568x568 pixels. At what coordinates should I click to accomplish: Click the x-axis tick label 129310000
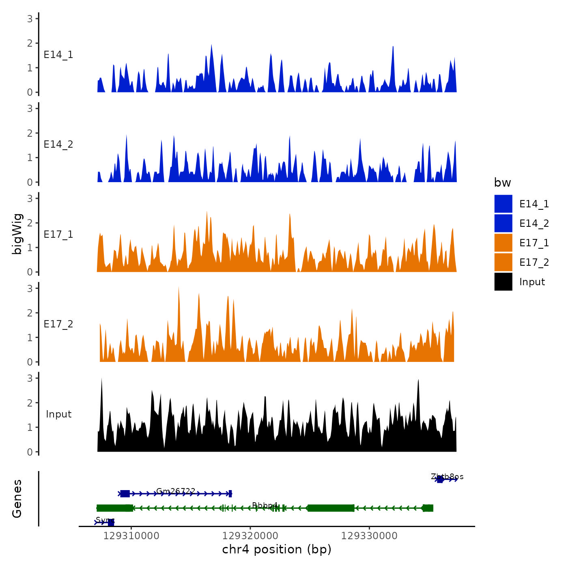(x=131, y=536)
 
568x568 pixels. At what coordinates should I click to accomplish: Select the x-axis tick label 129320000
(x=250, y=536)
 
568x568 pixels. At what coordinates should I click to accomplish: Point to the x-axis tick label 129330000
(x=369, y=536)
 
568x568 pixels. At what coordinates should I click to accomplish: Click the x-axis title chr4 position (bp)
(x=277, y=550)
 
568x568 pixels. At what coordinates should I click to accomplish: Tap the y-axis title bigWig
(x=17, y=234)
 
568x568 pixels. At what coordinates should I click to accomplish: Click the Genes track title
(x=17, y=499)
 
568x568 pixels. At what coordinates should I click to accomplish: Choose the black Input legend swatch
(x=503, y=282)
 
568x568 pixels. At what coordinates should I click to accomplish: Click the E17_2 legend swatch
(x=503, y=262)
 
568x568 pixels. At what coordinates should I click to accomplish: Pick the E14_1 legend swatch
(x=503, y=204)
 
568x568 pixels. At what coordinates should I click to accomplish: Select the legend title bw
(x=502, y=183)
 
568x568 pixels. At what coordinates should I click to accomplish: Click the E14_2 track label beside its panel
(x=58, y=144)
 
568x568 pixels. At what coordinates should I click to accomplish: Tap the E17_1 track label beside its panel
(x=58, y=235)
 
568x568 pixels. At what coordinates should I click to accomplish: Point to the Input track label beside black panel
(x=58, y=414)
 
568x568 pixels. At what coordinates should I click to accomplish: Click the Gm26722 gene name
(x=176, y=491)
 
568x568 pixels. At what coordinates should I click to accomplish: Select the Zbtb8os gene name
(x=447, y=476)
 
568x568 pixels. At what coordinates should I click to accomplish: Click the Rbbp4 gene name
(x=265, y=506)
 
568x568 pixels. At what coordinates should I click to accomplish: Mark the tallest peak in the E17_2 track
(x=179, y=288)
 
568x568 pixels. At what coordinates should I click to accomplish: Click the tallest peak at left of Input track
(x=101, y=379)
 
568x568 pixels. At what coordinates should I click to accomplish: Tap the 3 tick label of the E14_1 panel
(x=30, y=19)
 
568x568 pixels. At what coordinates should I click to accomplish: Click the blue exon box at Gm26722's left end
(x=125, y=494)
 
